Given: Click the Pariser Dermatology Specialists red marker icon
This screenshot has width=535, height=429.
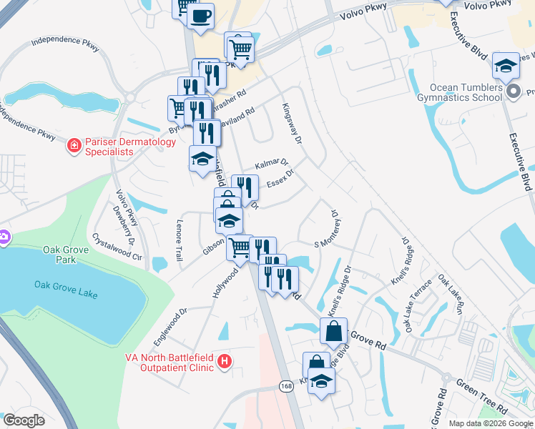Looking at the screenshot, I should tap(73, 147).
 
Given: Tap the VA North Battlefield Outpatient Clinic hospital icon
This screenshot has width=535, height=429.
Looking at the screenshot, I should tap(225, 362).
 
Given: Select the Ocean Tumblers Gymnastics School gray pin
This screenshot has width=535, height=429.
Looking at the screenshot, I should tap(513, 92).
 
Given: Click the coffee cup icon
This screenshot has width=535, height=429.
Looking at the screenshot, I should tap(201, 14).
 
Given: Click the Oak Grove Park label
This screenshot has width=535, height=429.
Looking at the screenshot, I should tap(59, 255).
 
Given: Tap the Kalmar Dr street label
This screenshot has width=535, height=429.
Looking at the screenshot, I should tap(271, 164).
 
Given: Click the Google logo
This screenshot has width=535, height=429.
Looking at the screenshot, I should tap(24, 420).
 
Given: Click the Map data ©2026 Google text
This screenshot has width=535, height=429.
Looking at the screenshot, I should tap(490, 423).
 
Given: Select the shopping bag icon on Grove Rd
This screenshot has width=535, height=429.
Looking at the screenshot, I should tap(334, 330).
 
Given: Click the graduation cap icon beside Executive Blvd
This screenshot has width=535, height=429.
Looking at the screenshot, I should tap(506, 66).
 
